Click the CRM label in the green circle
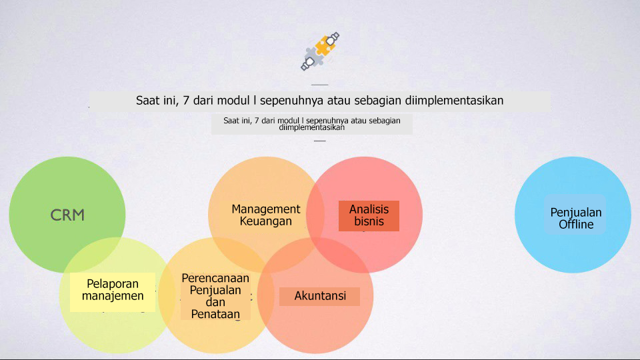pos(67,215)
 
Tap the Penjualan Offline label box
pos(575,214)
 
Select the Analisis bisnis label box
pos(369,216)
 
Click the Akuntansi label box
pos(319,296)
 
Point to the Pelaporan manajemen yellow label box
pos(113,292)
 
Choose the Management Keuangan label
pos(266,215)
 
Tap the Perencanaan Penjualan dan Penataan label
pos(215,296)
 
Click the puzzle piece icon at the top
pos(320,51)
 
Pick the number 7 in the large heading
pos(186,101)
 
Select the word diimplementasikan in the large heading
pos(454,101)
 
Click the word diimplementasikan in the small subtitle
pos(312,127)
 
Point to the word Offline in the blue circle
pos(576,224)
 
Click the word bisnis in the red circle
pos(369,221)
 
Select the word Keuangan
pos(266,221)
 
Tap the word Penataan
pos(215,314)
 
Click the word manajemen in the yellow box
pos(113,296)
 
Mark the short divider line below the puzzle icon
pos(319,85)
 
